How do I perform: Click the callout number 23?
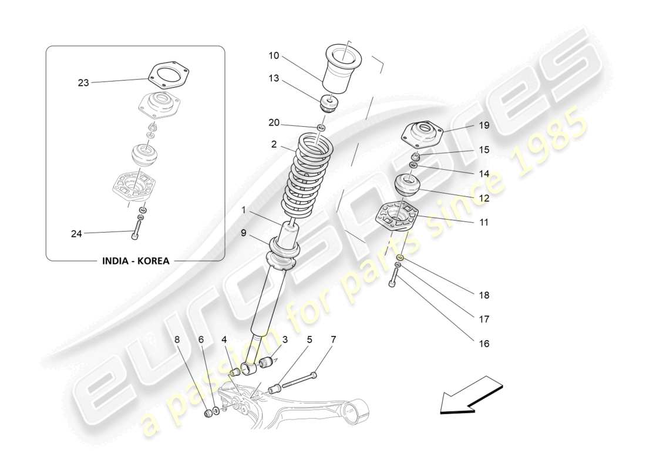83,83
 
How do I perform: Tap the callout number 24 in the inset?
76,234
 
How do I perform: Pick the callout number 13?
274,79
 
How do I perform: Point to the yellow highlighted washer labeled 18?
399,257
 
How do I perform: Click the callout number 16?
483,344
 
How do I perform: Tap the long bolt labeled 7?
300,381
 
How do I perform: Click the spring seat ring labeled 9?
284,250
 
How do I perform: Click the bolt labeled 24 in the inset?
136,228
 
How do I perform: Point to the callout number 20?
274,123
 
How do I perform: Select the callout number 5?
309,339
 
